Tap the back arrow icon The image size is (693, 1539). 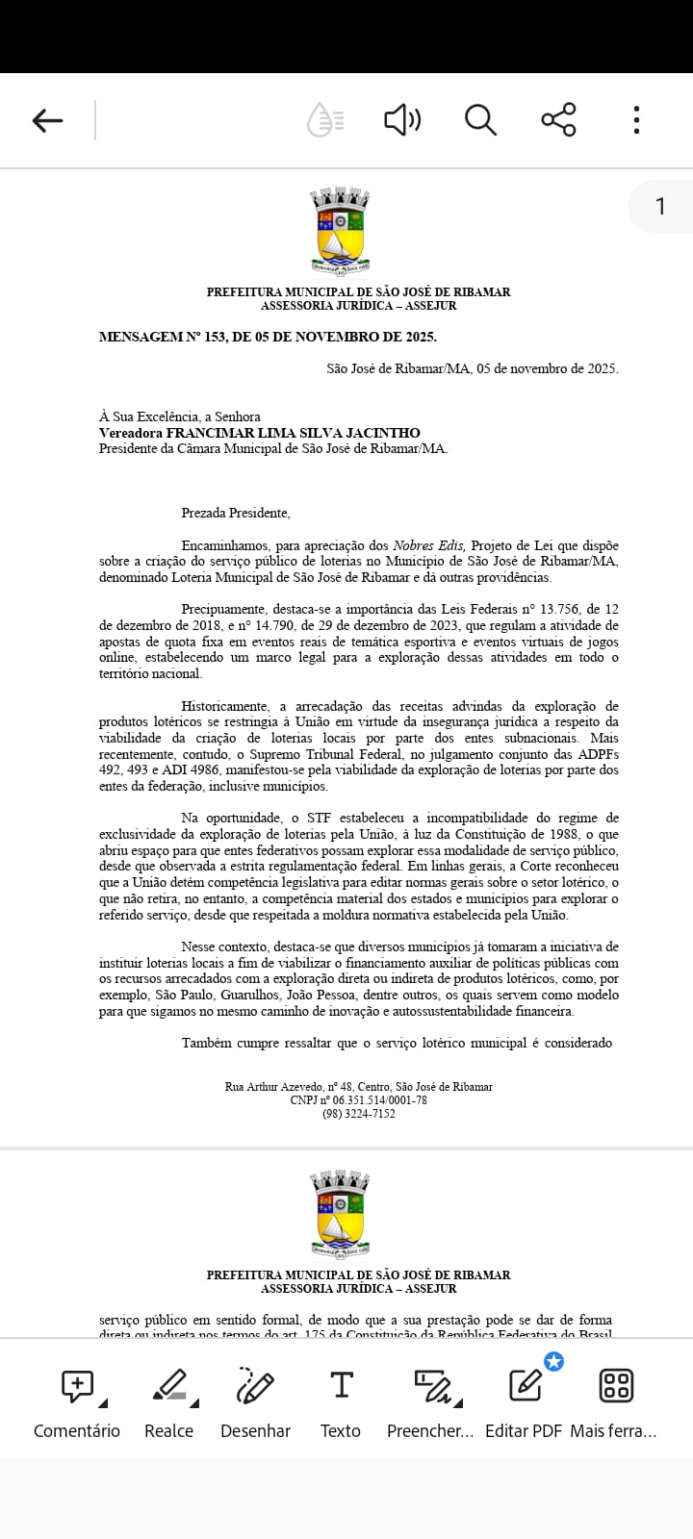coord(47,120)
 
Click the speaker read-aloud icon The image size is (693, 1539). coord(402,120)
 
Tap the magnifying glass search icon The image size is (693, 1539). coord(480,120)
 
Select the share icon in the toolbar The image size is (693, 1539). coord(558,120)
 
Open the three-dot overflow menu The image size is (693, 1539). coord(636,120)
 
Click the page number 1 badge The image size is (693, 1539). coord(660,206)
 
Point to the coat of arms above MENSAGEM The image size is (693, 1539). coord(340,232)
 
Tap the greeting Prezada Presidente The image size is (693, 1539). coord(236,513)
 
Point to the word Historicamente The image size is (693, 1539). coord(226,706)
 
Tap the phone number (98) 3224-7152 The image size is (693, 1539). coord(358,1113)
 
